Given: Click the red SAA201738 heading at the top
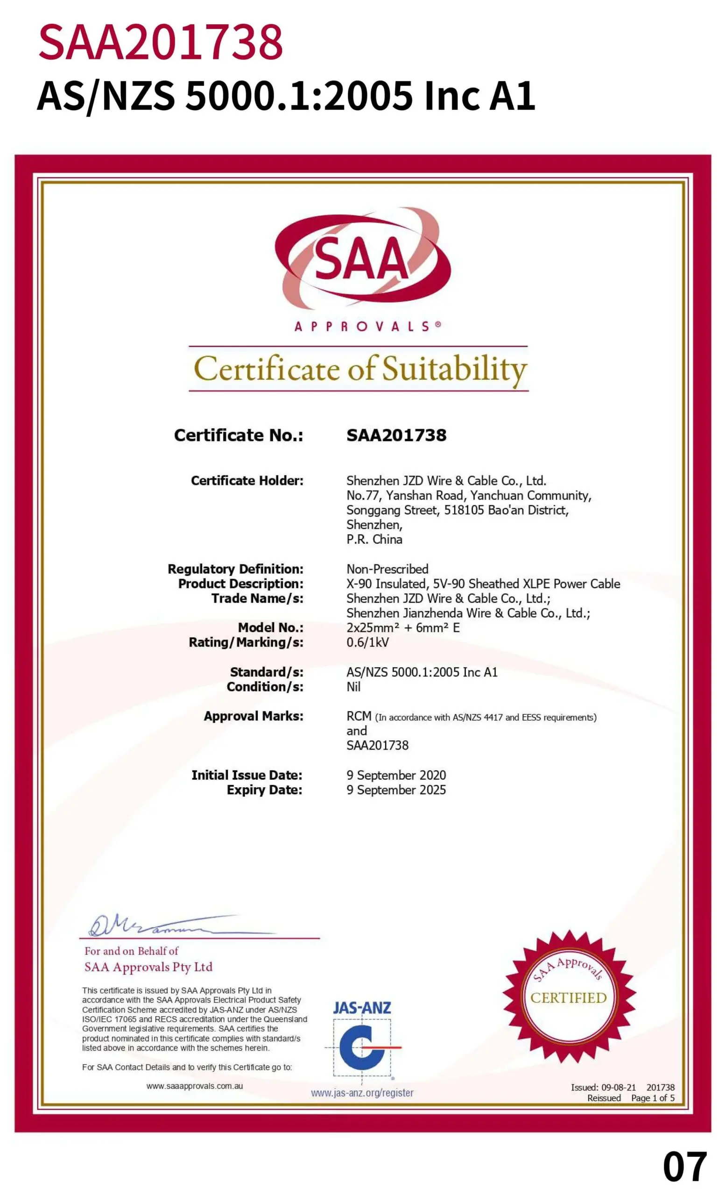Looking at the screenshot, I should point(160,43).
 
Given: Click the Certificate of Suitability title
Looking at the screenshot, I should point(359,369).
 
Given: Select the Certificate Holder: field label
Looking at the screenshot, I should point(247,481).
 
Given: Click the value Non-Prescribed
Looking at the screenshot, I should point(387,569).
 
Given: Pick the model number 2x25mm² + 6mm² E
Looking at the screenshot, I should point(402,627).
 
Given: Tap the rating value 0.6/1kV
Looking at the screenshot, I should point(367,642).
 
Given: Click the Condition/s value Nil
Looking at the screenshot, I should point(353,686).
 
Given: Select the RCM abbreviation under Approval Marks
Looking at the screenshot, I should point(359,716).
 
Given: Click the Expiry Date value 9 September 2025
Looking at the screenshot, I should point(396,790).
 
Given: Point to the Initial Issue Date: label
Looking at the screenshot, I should point(247,775).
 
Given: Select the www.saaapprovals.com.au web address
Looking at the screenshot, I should point(195,1086).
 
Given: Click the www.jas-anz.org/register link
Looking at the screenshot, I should point(362,1093).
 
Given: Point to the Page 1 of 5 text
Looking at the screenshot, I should point(652,1098).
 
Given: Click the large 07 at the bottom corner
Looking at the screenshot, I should point(684,1167).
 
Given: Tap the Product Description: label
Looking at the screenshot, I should point(240,584).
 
